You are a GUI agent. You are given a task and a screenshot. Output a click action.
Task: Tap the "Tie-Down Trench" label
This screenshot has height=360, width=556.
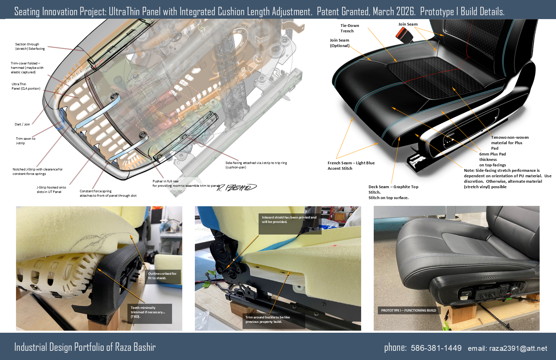tap(350, 28)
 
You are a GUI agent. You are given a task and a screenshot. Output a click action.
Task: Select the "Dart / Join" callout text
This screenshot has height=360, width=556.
tap(22, 124)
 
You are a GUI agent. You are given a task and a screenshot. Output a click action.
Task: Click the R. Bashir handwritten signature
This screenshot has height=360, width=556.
tap(237, 187)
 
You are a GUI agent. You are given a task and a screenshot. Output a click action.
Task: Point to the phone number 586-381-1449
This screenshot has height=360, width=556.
tap(436, 348)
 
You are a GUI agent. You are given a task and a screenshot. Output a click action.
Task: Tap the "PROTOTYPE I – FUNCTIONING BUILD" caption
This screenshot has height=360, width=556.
tap(408, 310)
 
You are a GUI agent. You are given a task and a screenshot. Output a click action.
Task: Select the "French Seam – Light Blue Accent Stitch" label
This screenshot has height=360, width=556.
tap(351, 166)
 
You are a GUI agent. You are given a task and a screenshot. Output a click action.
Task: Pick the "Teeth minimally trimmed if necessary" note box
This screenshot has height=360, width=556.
tap(150, 314)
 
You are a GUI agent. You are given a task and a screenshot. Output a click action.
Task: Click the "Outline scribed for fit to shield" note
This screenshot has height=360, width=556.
tap(163, 277)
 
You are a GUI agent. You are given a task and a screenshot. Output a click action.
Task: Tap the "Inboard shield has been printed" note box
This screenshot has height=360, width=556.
tap(290, 224)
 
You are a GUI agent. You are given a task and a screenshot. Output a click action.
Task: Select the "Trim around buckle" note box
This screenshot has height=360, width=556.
tap(274, 321)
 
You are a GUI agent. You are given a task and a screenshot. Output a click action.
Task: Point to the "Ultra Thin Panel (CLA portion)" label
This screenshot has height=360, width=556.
tap(26, 86)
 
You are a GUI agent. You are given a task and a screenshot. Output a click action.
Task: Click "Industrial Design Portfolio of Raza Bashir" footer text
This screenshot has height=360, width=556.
tap(85, 347)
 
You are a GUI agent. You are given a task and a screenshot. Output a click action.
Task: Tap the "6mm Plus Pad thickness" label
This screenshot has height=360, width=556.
tap(492, 160)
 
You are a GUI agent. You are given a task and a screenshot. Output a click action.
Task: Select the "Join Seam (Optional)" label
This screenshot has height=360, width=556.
tap(340, 43)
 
